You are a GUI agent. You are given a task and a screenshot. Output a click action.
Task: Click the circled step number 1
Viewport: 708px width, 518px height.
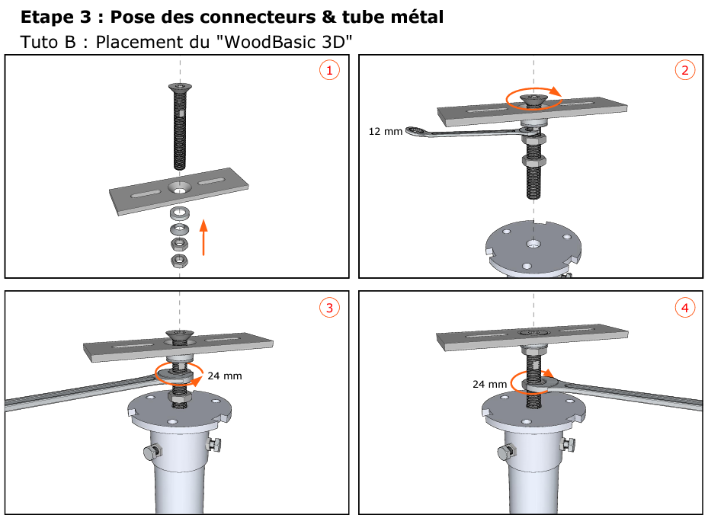(x=328, y=71)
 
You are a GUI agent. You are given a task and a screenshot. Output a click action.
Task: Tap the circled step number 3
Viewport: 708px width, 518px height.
(x=328, y=308)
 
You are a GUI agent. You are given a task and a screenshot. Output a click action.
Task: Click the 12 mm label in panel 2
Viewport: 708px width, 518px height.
(x=384, y=131)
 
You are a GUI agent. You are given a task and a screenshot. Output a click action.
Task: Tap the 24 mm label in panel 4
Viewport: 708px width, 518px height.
(x=489, y=385)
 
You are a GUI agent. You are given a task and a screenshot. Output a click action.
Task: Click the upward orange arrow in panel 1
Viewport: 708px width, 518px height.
(x=203, y=237)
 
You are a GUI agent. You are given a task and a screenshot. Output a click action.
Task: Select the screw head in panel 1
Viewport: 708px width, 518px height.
(x=179, y=88)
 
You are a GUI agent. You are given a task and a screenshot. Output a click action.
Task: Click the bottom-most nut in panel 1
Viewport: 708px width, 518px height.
(x=179, y=261)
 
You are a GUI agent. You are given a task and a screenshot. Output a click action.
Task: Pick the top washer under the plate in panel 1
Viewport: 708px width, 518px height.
(x=179, y=210)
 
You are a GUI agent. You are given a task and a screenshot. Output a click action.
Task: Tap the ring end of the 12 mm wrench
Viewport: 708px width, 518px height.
(x=415, y=132)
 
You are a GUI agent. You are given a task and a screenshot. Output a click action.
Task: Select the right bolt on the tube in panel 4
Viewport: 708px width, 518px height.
(x=565, y=443)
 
